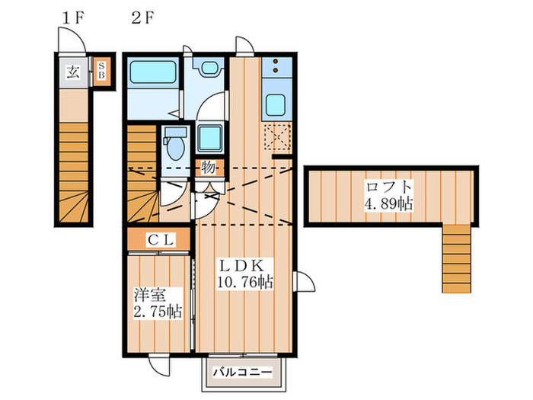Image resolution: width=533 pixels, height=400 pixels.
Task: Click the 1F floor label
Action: click(x=73, y=18)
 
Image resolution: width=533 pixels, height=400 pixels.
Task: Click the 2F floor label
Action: click(x=143, y=18)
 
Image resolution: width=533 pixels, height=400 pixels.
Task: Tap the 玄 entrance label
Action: click(x=73, y=72)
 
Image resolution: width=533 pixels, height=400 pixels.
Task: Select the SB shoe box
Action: click(x=101, y=72)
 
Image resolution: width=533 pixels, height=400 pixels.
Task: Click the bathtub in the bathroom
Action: click(x=153, y=72)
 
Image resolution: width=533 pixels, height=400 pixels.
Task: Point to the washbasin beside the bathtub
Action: click(x=209, y=68)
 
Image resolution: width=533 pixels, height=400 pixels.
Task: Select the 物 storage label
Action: click(x=208, y=168)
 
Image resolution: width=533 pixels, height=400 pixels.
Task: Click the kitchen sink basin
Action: click(x=276, y=105)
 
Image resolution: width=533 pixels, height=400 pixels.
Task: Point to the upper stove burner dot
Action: click(x=276, y=62)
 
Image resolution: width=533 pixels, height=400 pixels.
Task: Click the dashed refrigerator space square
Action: click(x=277, y=136)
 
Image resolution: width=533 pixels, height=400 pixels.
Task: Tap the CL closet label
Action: click(x=161, y=240)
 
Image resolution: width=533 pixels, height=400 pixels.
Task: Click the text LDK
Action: click(x=242, y=266)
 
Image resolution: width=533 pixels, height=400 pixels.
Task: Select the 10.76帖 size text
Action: click(x=244, y=282)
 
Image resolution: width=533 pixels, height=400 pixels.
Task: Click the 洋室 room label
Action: click(x=150, y=295)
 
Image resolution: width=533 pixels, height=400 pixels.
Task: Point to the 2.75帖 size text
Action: click(x=158, y=311)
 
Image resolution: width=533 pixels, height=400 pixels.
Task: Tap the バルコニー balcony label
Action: click(x=243, y=372)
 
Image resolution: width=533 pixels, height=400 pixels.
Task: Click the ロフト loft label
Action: click(x=389, y=187)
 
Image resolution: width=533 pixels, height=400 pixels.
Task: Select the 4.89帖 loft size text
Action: click(x=389, y=203)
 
